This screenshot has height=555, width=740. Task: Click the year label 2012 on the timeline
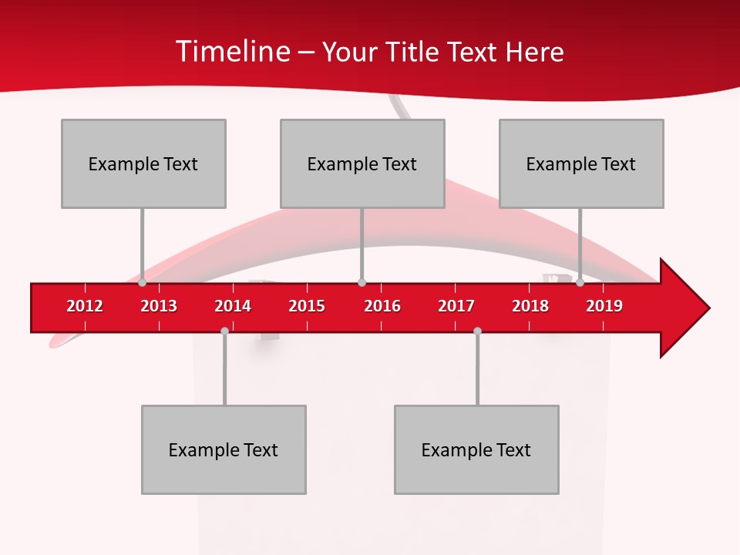click(x=85, y=306)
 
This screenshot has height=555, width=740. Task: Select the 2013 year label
click(x=159, y=306)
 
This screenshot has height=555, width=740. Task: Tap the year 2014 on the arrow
click(x=233, y=306)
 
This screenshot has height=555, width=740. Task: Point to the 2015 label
click(x=307, y=306)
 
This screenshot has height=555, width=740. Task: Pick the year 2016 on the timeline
click(x=382, y=306)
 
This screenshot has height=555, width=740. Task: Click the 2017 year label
click(x=456, y=306)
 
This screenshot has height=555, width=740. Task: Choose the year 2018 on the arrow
click(x=530, y=306)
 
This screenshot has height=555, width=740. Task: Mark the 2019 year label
click(x=604, y=306)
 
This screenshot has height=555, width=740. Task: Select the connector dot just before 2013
click(x=143, y=283)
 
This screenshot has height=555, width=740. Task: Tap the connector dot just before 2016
click(x=362, y=283)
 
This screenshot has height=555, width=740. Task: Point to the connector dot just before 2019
click(x=580, y=283)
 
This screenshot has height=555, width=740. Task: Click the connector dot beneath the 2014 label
click(x=224, y=331)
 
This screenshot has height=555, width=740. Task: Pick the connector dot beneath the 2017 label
click(x=477, y=331)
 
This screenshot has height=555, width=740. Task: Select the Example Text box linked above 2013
click(x=143, y=163)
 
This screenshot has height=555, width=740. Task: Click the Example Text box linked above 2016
click(x=362, y=163)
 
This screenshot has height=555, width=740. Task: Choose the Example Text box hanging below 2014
click(x=224, y=449)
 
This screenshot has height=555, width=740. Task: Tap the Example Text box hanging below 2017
click(x=476, y=449)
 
